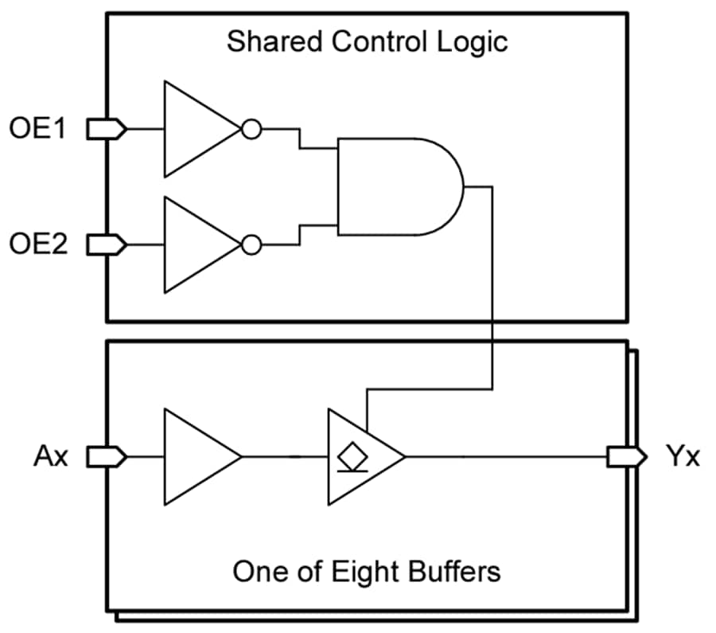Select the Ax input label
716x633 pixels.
tap(49, 457)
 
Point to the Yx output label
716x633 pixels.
tap(683, 457)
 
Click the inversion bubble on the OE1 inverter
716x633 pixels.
tap(251, 129)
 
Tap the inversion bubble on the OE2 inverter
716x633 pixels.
tap(251, 244)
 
